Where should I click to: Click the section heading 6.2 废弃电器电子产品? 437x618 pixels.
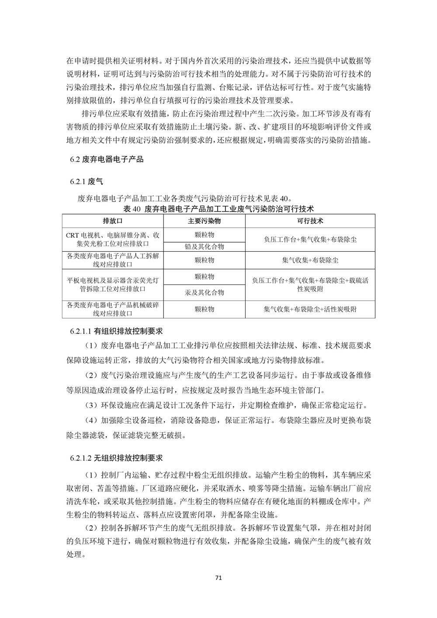coord(107,159)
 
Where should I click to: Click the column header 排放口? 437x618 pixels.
coord(112,221)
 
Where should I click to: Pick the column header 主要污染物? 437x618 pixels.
coord(204,221)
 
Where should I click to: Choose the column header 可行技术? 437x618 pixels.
coord(310,221)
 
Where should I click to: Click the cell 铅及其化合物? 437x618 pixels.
coord(204,247)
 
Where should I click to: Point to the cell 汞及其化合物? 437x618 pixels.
coord(204,292)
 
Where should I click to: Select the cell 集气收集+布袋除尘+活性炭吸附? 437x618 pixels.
coord(310,309)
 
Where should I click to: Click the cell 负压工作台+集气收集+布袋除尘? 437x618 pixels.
coord(310,240)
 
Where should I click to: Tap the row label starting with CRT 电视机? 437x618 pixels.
coord(112,239)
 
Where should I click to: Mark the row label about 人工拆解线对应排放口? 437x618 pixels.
coord(112,260)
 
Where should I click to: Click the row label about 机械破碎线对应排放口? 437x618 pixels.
coord(112,309)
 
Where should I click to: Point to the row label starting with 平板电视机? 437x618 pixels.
coord(112,285)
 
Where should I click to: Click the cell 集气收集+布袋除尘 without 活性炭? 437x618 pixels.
coord(310,260)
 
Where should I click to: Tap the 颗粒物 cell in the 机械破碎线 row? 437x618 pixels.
coord(204,309)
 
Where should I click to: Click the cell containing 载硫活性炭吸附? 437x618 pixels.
coord(310,285)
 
